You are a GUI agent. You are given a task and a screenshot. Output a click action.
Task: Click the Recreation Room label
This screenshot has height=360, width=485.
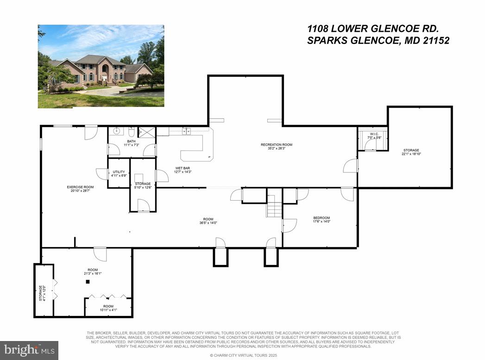click(276, 145)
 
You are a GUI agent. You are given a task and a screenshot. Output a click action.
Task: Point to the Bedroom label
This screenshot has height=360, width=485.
click(321, 218)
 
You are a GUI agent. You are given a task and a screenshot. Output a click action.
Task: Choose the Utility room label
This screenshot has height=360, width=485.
click(119, 172)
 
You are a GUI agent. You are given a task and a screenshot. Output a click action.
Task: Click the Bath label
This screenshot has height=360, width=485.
click(131, 141)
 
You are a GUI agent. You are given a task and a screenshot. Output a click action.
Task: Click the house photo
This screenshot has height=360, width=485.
click(101, 66)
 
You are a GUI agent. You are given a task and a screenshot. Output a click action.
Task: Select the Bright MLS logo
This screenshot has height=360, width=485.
click(29, 349)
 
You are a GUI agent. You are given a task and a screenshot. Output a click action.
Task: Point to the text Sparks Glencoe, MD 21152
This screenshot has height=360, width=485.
click(378, 40)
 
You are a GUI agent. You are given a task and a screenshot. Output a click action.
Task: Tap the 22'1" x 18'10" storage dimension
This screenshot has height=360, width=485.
click(411, 154)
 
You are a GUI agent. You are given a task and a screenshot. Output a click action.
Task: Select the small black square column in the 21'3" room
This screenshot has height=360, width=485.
click(87, 282)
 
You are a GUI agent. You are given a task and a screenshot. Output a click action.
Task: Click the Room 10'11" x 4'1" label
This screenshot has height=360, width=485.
click(108, 308)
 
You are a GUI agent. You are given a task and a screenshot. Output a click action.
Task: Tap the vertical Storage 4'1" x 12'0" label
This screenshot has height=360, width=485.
click(42, 293)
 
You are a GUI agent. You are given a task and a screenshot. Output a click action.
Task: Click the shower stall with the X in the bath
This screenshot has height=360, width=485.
click(146, 132)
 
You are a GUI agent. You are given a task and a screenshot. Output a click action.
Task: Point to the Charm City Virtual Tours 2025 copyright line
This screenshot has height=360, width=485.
click(242, 355)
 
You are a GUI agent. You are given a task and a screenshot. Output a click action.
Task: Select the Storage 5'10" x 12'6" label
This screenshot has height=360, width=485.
click(143, 186)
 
